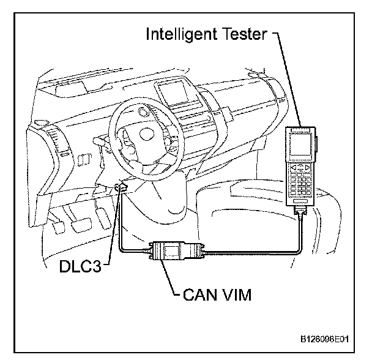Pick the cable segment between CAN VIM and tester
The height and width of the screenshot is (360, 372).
click(257, 250)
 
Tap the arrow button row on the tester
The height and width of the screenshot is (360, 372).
click(300, 167)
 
